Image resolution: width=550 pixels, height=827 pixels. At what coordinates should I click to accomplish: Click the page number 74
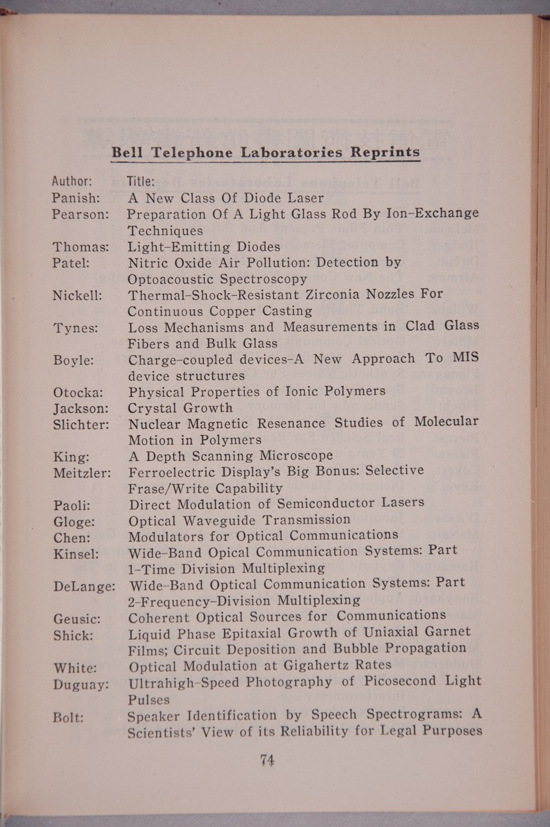[x=267, y=760]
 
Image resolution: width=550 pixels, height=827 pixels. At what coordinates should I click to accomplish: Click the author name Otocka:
[x=78, y=393]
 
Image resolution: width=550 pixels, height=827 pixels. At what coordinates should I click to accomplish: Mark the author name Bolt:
[x=69, y=716]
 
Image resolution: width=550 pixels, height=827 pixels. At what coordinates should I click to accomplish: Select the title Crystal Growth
[x=181, y=408]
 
